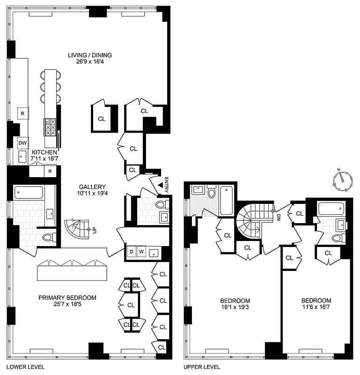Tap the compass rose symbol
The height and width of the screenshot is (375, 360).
[344, 180]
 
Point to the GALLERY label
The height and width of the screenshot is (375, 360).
[92, 187]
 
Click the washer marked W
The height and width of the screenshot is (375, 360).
[140, 252]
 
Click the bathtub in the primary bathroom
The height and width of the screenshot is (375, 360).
[29, 193]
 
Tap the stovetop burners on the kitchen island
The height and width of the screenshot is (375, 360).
[50, 126]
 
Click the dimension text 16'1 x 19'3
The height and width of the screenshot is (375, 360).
[235, 307]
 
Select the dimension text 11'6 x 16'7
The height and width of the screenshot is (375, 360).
[316, 307]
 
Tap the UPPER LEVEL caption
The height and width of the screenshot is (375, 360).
[202, 367]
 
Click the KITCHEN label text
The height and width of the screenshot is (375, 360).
[44, 153]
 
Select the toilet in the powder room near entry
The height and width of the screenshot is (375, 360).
[161, 204]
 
